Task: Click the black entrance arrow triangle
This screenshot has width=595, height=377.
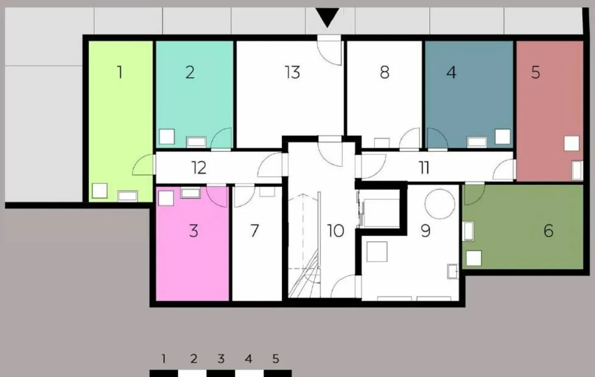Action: click(327, 16)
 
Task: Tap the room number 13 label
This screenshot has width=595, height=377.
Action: click(293, 72)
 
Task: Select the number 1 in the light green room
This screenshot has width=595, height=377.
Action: click(120, 72)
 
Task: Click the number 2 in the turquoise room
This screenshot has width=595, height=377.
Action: click(190, 72)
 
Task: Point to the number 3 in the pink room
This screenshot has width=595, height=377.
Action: click(194, 231)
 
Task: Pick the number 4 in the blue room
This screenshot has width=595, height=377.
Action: click(452, 72)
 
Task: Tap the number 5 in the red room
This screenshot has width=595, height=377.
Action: click(536, 72)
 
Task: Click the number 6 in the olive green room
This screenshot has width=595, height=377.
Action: click(549, 231)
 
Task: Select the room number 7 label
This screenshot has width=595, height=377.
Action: click(255, 231)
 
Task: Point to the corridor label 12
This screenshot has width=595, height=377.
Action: click(199, 167)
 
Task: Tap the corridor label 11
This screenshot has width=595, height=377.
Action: click(424, 167)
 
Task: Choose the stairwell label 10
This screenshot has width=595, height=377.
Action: click(336, 231)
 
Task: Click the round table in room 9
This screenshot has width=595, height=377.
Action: click(440, 204)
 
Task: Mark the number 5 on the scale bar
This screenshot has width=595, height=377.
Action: click(276, 359)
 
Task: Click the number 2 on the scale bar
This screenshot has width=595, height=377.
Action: click(194, 359)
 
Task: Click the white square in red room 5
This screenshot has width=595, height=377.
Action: click(571, 143)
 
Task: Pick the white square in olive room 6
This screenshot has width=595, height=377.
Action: click(474, 258)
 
